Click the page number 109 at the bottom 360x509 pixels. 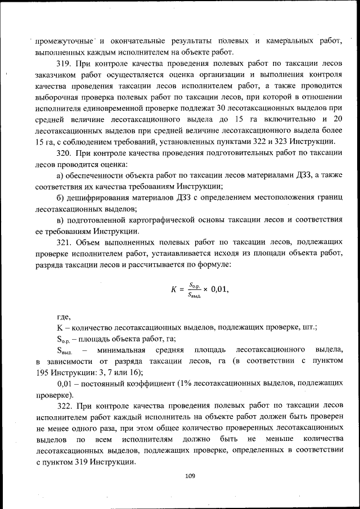[190, 476]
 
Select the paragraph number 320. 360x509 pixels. [65, 153]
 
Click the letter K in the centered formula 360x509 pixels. [174, 290]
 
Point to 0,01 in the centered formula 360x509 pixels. [219, 290]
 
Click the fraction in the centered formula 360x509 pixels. [195, 290]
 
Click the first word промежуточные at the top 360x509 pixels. [60, 40]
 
